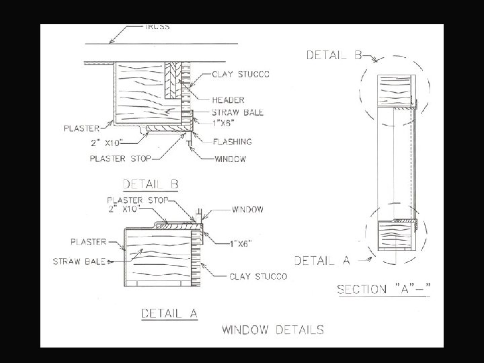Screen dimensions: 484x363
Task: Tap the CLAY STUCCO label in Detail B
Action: pos(241,74)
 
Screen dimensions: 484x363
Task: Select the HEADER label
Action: pos(229,99)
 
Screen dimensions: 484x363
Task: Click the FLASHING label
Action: pos(232,142)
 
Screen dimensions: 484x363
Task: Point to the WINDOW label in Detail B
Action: pos(230,159)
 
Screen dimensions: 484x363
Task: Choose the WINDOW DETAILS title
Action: pos(273,329)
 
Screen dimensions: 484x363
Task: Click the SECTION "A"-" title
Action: pos(384,290)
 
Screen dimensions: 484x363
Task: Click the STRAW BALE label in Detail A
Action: pos(79,261)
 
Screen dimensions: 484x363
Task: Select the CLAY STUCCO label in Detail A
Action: pos(259,276)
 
